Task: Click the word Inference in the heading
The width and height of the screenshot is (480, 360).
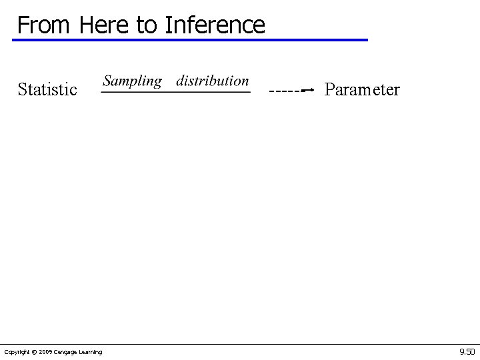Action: [x=215, y=25]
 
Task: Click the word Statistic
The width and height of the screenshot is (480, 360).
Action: [x=47, y=89]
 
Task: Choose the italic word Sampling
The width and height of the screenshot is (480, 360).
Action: [x=132, y=81]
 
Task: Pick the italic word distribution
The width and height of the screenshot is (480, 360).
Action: [x=212, y=81]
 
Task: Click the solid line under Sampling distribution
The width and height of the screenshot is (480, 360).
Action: [x=175, y=92]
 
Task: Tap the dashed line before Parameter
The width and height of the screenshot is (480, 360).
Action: [x=283, y=89]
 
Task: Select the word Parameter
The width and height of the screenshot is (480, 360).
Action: [x=362, y=89]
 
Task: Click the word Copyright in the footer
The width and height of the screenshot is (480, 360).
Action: [x=16, y=352]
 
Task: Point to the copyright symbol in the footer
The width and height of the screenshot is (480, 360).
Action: [x=33, y=352]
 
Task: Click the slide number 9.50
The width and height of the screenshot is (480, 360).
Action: [x=467, y=351]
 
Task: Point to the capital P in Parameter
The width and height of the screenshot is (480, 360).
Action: [x=329, y=89]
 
